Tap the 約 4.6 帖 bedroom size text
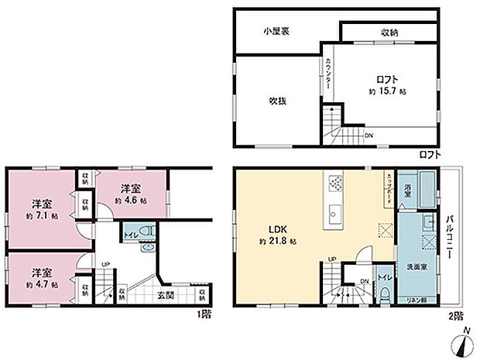(x=131, y=200)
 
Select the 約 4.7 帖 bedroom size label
(x=42, y=284)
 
